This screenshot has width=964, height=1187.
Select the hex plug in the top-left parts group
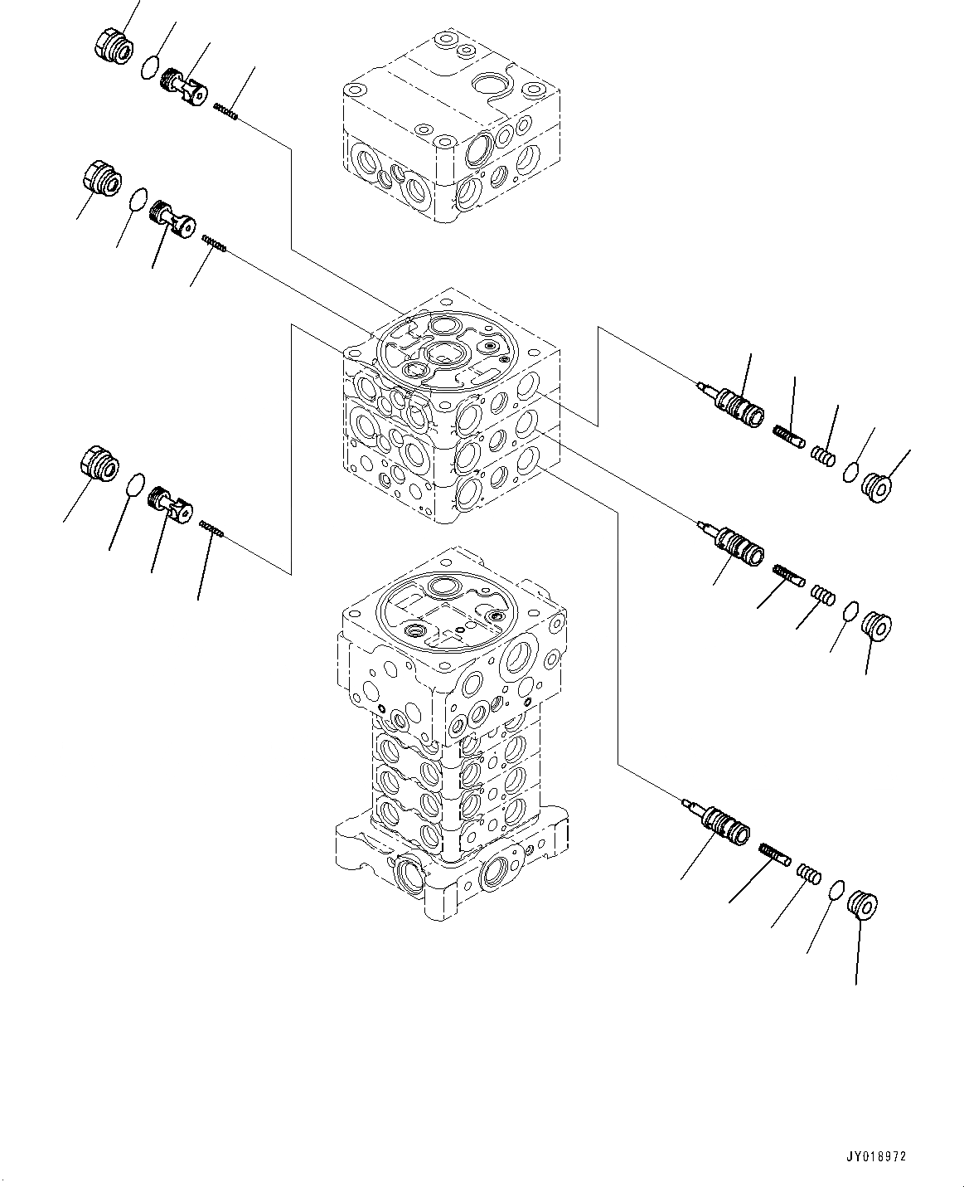pyautogui.click(x=110, y=46)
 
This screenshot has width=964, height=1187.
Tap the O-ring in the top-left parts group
pyautogui.click(x=149, y=66)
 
